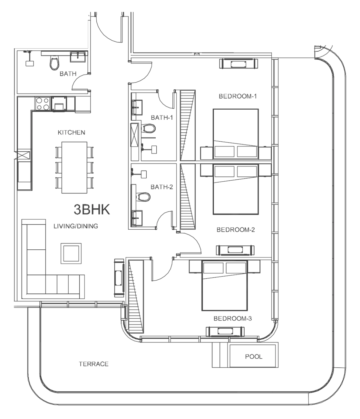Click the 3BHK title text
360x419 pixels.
pos(92,209)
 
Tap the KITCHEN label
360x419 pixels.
pos(71,133)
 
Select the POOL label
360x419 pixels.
pos(254,356)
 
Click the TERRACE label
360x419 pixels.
pos(93,364)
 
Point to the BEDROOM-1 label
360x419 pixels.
pos(238,96)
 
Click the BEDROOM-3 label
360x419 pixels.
pos(233,319)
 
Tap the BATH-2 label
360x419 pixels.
pos(162,187)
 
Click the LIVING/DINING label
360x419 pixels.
pos(76,226)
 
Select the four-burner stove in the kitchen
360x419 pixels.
pos(43,104)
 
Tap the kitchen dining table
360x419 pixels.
pos(74,167)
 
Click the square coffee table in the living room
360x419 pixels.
pos(71,254)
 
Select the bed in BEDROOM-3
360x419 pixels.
pos(224,285)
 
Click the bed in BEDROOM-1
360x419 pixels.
pos(236,134)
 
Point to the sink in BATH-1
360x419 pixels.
pos(137,107)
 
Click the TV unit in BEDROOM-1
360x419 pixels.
pos(239,64)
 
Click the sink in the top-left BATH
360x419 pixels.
pos(78,56)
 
